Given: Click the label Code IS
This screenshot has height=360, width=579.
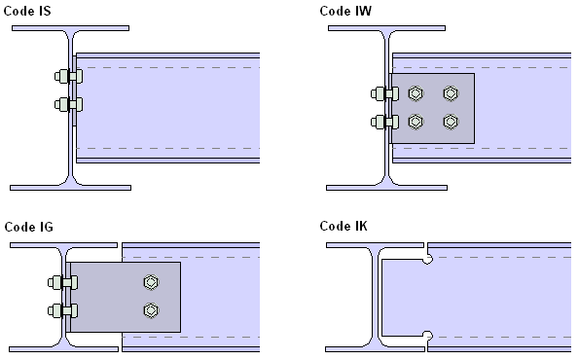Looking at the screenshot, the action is pos(27,11).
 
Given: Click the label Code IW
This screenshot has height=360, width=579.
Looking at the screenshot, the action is pos(345,11).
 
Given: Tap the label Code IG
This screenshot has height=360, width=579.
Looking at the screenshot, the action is pos(29,227).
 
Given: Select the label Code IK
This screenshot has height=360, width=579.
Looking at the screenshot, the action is pos(344,226).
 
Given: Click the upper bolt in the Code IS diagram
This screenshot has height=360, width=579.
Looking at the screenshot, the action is pos(69,77).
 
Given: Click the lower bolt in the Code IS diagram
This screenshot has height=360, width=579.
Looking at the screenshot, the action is pos(69,104).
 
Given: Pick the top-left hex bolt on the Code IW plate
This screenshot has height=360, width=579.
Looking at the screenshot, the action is pos(416,93).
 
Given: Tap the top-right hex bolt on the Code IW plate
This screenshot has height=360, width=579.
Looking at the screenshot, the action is pos(451,93).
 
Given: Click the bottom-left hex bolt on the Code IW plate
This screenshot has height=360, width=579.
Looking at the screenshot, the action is pos(416,122).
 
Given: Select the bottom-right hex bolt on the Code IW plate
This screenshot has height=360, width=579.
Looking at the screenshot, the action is pos(451,122).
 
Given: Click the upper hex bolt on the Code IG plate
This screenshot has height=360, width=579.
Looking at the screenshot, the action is pos(151,282).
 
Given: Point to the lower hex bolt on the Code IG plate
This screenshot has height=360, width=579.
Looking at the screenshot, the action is pos(151,310).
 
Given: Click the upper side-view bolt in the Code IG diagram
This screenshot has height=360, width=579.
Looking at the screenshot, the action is pos(63,283).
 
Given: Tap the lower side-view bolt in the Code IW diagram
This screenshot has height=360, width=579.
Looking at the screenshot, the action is pos(384,123).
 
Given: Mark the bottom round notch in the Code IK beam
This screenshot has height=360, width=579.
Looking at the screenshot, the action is pos(427,336).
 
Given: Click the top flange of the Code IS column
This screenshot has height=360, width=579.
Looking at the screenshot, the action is pos(70,28).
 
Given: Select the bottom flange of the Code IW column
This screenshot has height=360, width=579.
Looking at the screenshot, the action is pos(386,188).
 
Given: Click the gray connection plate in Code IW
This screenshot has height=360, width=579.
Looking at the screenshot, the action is pos(433,108).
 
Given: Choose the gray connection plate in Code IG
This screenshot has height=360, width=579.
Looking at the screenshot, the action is pos(126,297).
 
